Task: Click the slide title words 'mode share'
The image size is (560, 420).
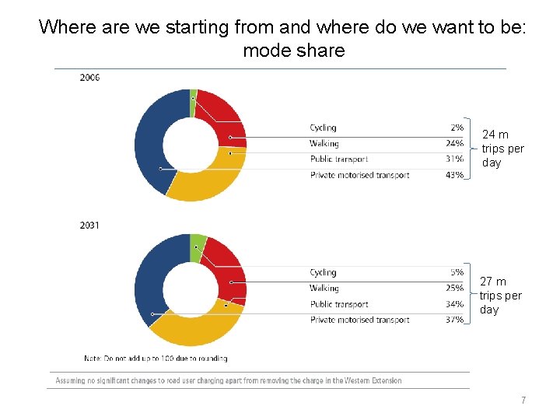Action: tap(293, 51)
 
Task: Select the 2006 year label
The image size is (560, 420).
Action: tap(89, 77)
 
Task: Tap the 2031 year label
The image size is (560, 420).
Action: tap(89, 225)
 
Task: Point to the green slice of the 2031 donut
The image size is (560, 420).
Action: tap(198, 242)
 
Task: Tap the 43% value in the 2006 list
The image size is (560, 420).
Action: tap(454, 175)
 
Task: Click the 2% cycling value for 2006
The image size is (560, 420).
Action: tap(457, 128)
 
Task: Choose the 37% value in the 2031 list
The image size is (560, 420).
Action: tap(454, 320)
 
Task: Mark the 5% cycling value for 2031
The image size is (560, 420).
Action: tap(457, 272)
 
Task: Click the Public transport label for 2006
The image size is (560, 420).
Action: tap(339, 159)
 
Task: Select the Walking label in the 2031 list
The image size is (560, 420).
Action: tap(324, 289)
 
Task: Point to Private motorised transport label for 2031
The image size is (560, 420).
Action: tap(359, 320)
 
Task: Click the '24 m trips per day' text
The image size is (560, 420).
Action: tap(502, 149)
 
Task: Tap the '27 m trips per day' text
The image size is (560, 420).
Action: tap(500, 296)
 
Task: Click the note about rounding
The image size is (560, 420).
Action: tap(156, 359)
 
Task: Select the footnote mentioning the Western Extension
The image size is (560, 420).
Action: tap(229, 380)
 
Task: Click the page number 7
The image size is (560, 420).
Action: tap(523, 401)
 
